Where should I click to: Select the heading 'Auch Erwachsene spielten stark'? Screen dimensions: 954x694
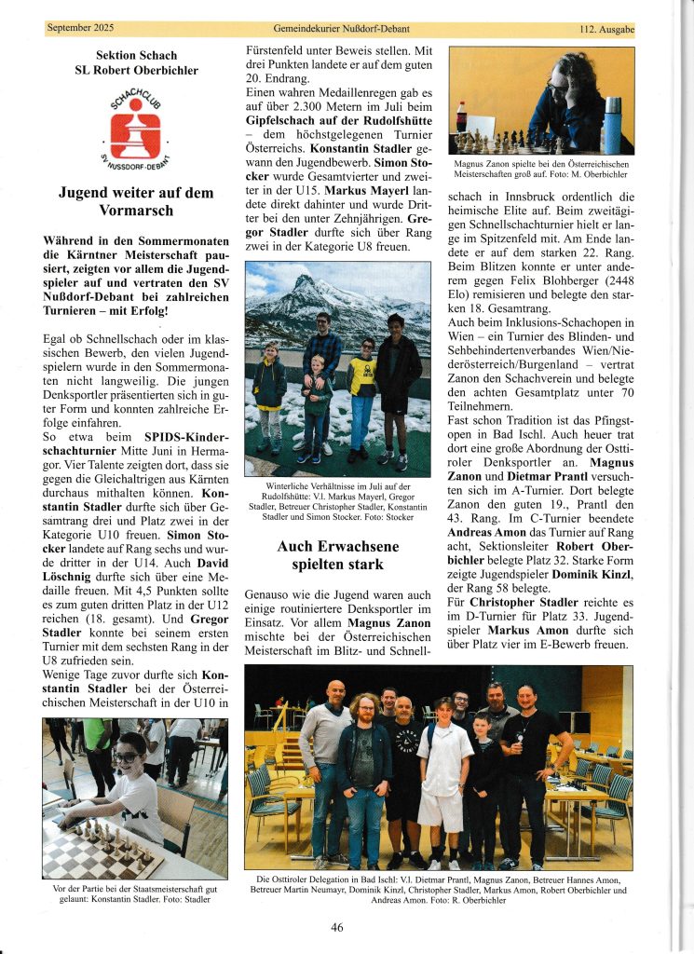[x=337, y=556]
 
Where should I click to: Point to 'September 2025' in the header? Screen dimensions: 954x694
[x=82, y=29]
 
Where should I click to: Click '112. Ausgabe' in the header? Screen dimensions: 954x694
[x=606, y=30]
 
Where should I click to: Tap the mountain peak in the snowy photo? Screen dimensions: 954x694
[x=308, y=281]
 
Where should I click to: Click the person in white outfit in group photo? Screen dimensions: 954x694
[x=444, y=783]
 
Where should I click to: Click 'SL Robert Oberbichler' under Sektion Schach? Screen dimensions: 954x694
[x=136, y=70]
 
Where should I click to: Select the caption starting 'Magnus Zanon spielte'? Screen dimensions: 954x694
[x=542, y=168]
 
